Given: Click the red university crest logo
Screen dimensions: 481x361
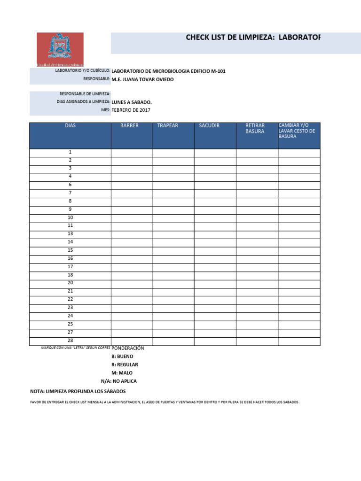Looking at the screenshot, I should coord(60,49).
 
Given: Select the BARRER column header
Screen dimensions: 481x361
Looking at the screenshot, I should coord(129,126).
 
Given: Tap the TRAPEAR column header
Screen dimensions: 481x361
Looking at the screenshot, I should coord(167,126).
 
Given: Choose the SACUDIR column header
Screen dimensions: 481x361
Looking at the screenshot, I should coord(209,126).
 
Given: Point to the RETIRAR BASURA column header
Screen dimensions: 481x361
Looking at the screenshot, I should coord(255,129).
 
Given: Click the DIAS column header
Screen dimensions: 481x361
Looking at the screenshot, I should coord(71,126).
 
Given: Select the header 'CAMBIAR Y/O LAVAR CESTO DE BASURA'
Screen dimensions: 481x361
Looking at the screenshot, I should coord(297,131).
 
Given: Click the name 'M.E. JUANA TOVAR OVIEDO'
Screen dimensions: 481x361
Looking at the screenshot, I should coord(142,79).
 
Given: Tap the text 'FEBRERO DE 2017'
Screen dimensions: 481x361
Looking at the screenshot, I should coord(131,110).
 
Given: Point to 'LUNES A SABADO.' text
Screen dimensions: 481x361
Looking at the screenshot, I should coord(132,101).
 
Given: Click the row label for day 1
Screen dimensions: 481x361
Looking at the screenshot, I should coord(71,152).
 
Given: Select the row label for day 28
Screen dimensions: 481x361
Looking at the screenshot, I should coord(71,341).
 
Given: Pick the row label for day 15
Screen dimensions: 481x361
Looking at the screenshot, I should coord(71,250).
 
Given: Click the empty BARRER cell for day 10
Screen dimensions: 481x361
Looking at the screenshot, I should coord(132,218).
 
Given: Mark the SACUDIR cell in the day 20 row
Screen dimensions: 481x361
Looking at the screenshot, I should coord(215,283).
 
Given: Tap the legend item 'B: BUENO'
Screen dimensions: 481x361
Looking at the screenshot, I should coord(122,357).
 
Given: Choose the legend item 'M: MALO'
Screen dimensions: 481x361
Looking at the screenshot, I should coord(122,373).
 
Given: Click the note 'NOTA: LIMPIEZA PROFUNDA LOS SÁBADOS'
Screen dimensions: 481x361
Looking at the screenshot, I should coord(78,391).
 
